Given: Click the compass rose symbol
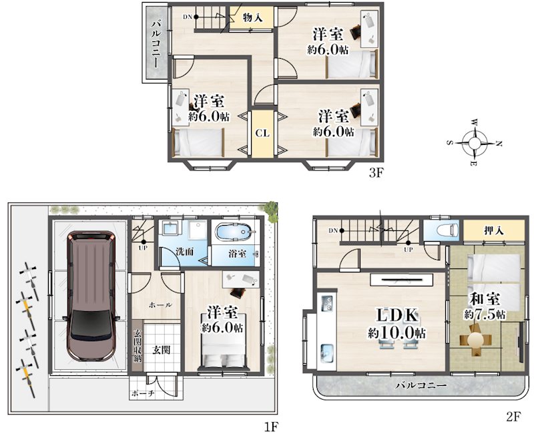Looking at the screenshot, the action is point(474,143).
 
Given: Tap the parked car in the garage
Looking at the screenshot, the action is point(91,296).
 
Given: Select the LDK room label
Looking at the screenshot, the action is point(396,315).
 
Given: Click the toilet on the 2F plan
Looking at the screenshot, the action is point(447,229).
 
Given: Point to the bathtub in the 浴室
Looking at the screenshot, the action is point(236,232).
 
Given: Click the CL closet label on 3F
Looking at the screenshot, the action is point(262,133).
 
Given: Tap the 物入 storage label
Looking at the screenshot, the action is point(252,17).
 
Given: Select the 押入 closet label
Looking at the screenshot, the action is point(493,230).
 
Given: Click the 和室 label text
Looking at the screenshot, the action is point(485,299).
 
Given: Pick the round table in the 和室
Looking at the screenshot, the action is point(476,340).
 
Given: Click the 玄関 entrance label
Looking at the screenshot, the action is point(161,349).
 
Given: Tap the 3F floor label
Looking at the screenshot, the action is point(376,174).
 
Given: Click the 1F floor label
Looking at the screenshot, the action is point(272,426).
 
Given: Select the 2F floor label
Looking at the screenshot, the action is point(514,416).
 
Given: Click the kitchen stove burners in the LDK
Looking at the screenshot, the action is point(327,303).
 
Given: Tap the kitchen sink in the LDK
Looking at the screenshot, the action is point(327,353).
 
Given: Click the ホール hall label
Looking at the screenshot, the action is point(160,305).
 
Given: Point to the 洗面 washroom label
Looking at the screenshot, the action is point(185,252).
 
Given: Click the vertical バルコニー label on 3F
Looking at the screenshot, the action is point(157,43).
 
